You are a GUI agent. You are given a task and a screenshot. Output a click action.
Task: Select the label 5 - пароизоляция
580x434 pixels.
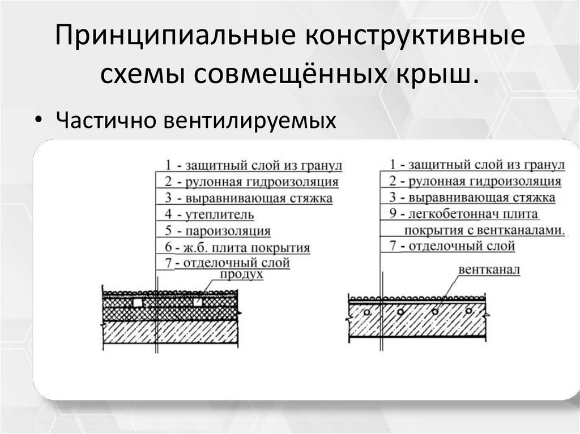tap(217, 231)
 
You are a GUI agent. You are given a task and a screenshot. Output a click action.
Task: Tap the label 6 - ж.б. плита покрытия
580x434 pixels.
tap(237, 248)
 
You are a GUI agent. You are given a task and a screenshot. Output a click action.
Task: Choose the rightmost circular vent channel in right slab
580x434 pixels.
tap(470, 312)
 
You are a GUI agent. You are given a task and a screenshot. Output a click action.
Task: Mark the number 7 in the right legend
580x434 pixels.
tap(392, 247)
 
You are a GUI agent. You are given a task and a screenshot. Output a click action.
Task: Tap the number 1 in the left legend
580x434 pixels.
tap(168, 165)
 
